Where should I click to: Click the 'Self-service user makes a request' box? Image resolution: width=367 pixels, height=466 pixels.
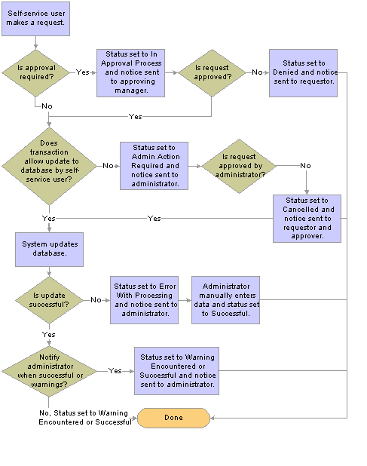35,19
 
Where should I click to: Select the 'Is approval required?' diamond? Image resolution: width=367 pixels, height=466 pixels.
35,73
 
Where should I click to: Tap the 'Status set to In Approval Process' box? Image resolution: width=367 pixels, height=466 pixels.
130,73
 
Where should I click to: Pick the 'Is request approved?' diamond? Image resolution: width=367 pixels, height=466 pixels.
212,73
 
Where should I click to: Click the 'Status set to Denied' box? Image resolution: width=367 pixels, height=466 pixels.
303,73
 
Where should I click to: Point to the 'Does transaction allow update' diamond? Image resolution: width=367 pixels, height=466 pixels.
49,166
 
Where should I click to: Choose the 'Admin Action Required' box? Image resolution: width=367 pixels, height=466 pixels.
154,166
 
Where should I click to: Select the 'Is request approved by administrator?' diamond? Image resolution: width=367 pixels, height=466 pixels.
240,166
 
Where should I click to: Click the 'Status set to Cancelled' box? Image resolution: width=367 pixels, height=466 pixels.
307,219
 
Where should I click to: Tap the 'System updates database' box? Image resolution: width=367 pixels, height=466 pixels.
49,250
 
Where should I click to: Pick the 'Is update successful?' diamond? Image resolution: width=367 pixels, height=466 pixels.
49,300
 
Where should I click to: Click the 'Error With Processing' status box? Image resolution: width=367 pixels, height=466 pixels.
144,300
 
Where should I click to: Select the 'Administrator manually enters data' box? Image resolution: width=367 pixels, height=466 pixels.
225,300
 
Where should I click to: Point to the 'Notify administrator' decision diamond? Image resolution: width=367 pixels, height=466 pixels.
49,371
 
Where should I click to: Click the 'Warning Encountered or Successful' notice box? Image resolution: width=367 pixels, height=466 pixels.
176,371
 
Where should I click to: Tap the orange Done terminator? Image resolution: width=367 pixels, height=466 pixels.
173,418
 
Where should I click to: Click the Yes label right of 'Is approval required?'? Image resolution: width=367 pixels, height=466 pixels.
83,72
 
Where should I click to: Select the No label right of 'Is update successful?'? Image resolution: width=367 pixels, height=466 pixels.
96,300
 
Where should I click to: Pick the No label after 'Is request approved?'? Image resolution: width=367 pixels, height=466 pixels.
257,72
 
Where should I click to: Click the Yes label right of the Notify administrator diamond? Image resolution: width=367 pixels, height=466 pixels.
115,370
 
